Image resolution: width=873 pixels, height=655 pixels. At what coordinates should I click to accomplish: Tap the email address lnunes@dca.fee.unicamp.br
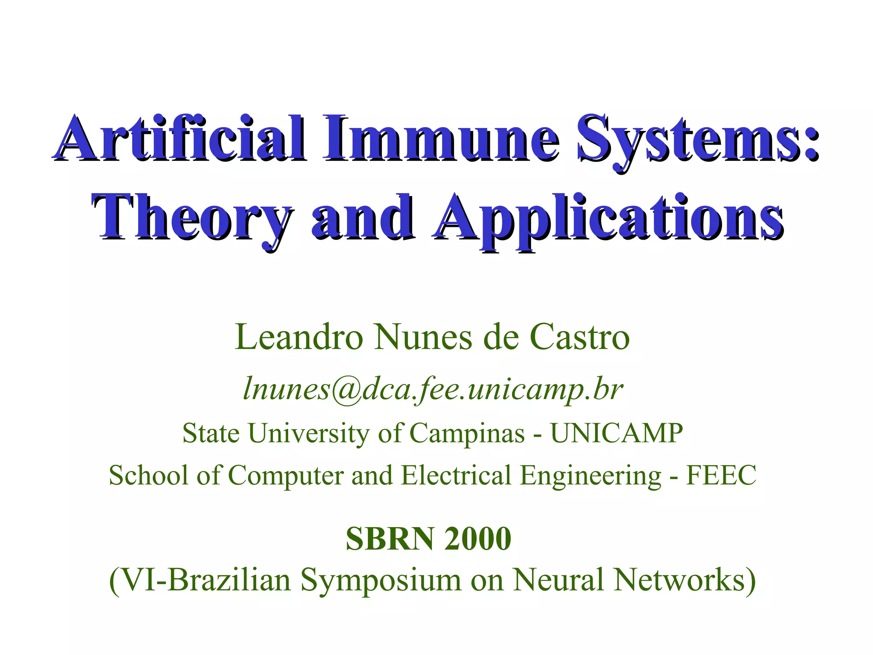coord(433,389)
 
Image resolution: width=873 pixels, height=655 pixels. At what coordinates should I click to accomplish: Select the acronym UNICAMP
coord(616,433)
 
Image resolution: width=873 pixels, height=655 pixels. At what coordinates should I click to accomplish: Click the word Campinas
coord(467,433)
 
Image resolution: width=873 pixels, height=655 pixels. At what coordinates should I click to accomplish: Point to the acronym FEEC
coord(721,475)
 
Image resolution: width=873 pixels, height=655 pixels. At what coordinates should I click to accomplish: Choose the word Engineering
coord(591,476)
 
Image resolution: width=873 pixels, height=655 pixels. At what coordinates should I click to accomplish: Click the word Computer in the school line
coord(286,476)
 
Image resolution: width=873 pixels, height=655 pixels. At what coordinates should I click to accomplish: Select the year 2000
coord(477,539)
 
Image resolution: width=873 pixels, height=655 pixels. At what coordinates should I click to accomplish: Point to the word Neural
coord(558,580)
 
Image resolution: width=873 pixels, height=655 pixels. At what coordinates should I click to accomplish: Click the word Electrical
coord(456,475)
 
